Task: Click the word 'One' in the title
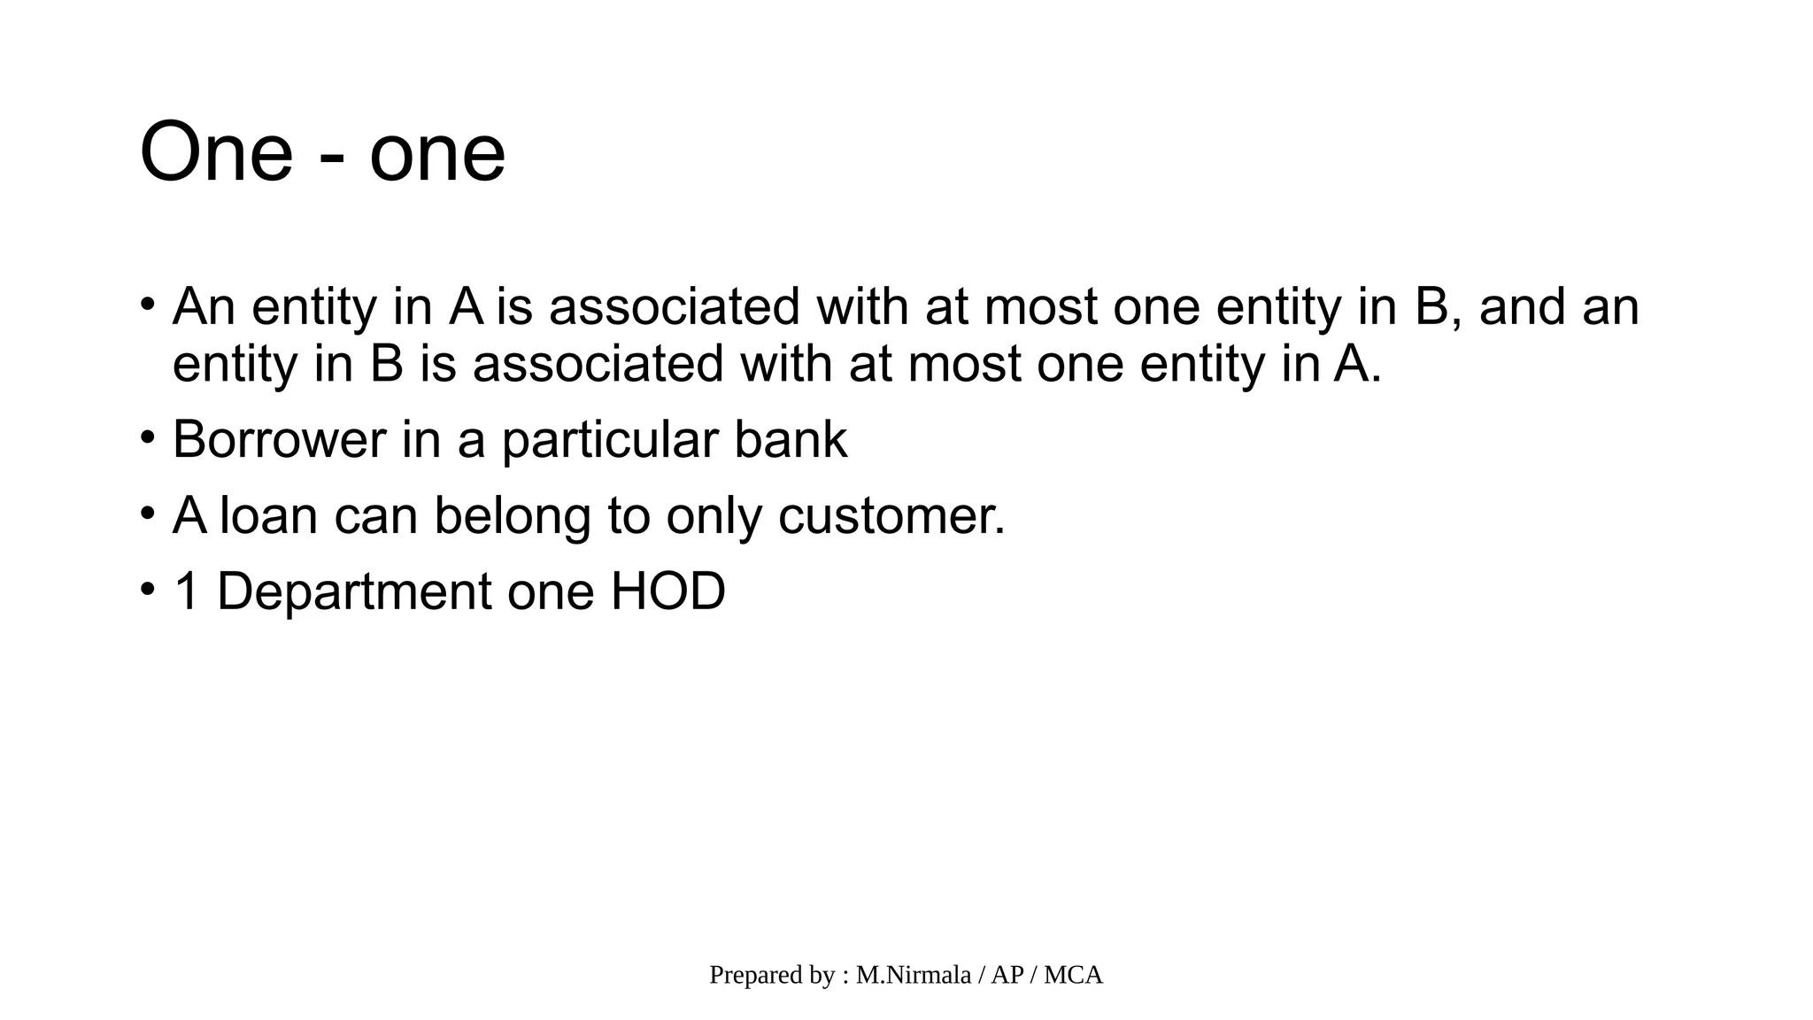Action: [216, 152]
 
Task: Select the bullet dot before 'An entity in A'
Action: [148, 305]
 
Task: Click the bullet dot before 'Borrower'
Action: [148, 437]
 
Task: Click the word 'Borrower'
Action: [279, 439]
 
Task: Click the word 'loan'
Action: [268, 515]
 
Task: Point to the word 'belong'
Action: [512, 517]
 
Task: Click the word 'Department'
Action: [353, 592]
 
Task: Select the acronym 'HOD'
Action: [667, 591]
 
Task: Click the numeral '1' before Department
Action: [186, 591]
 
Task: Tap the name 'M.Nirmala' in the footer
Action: [913, 975]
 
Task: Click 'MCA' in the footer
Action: [1073, 975]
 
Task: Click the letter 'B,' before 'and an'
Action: [1435, 307]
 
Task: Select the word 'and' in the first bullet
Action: [1522, 306]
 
